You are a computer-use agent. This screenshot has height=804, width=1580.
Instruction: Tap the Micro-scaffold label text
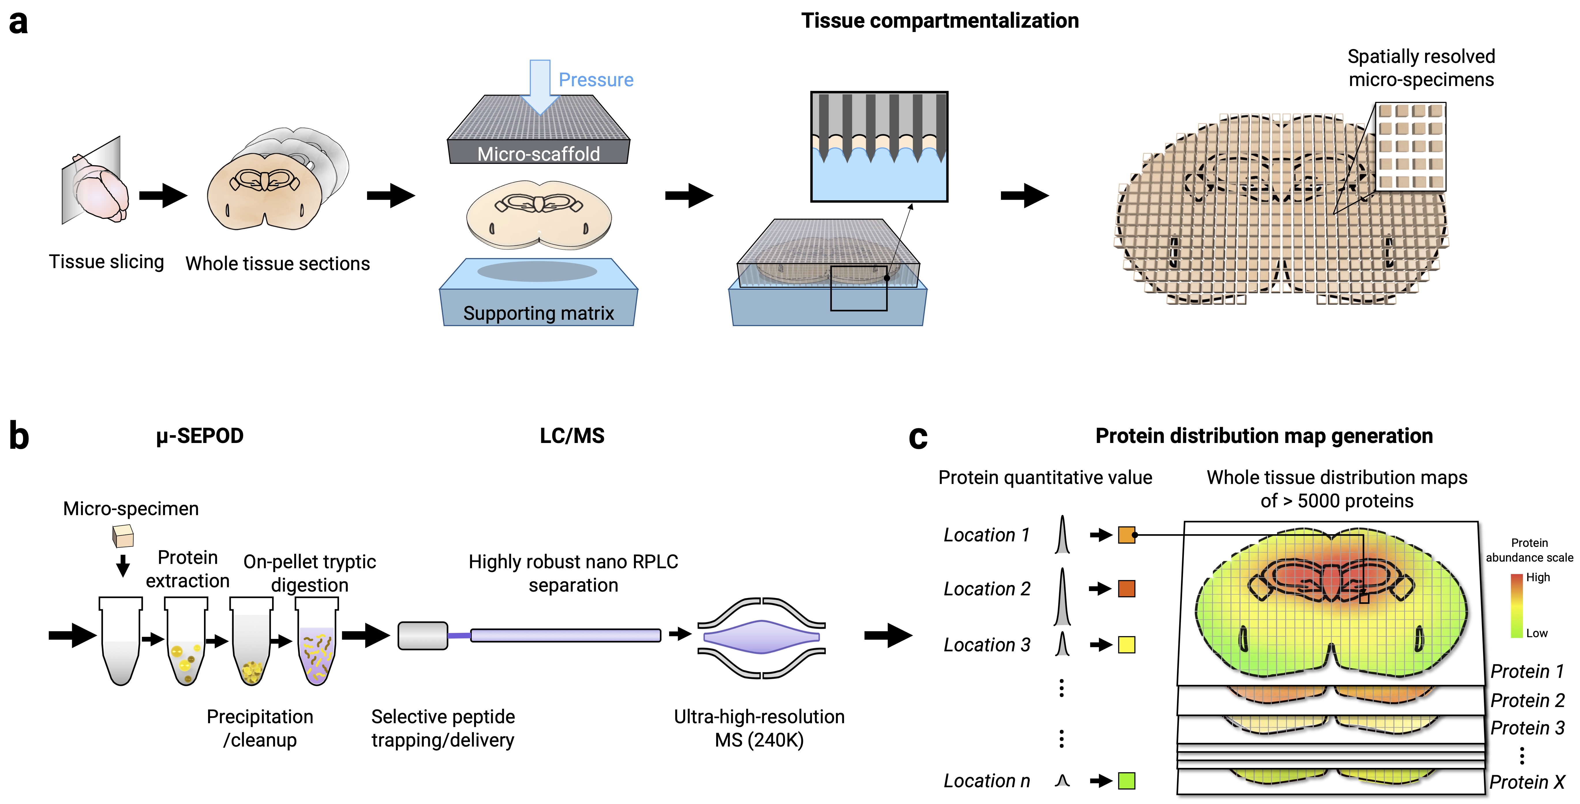[x=538, y=154]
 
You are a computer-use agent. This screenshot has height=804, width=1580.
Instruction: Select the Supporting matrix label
[x=538, y=313]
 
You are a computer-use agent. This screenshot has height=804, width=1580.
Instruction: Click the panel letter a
[x=18, y=23]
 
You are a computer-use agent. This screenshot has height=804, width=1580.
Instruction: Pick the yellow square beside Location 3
[x=1126, y=644]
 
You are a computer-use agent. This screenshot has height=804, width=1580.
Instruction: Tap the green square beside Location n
[x=1126, y=781]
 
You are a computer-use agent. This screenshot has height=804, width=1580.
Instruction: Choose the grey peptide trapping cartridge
[x=423, y=635]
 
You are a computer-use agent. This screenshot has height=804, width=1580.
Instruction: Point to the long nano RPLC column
[x=565, y=635]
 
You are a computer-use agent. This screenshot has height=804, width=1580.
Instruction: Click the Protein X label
[x=1527, y=783]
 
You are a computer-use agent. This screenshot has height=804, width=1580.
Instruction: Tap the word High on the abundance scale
[x=1538, y=577]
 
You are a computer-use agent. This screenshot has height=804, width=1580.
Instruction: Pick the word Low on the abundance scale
[x=1536, y=633]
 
